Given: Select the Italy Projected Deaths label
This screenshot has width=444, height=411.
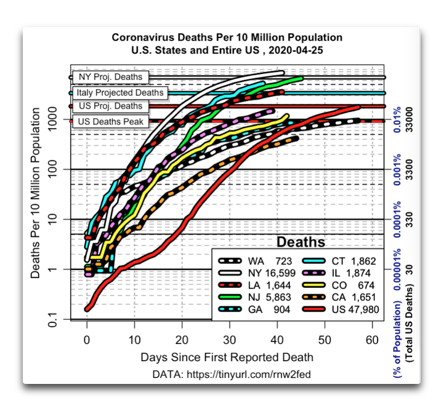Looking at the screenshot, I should coord(120,92).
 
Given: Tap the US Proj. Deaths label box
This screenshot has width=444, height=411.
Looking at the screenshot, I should coord(111,106).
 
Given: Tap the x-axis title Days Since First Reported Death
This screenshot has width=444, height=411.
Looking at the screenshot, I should coord(227,357).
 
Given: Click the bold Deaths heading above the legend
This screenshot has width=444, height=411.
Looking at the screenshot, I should coord(301,241).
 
